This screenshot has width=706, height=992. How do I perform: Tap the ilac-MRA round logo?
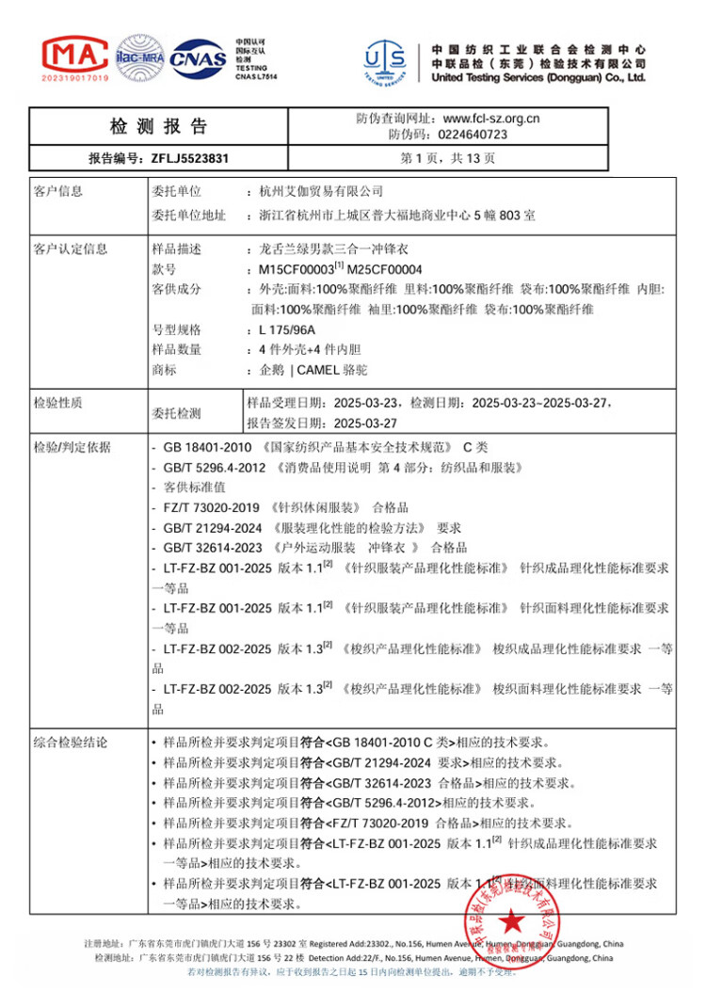click(x=139, y=57)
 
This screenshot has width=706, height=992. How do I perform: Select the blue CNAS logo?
click(x=197, y=58)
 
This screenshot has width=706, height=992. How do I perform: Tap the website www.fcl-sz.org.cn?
click(x=490, y=119)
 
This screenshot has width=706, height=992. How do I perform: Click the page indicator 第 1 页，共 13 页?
click(x=447, y=159)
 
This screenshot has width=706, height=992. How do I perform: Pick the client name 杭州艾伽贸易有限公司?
click(x=321, y=192)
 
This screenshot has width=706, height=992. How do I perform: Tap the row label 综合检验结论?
click(x=71, y=743)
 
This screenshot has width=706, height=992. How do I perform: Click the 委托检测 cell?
click(x=177, y=412)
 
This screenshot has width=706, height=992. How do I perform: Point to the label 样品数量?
click(x=177, y=350)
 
